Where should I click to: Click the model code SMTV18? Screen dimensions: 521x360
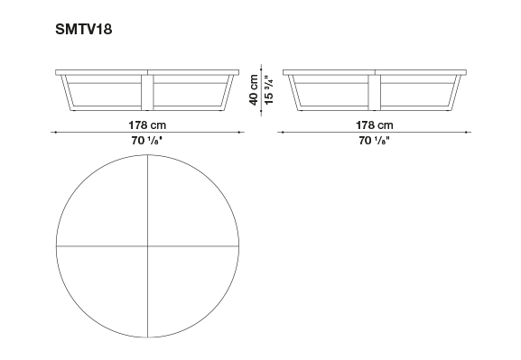pos(83,29)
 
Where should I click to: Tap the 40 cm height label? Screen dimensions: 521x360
pos(254,89)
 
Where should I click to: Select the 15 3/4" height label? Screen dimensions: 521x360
pos(268,89)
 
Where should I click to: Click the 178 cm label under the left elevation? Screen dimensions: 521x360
pos(147,125)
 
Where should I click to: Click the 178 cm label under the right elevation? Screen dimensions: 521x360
pos(375,125)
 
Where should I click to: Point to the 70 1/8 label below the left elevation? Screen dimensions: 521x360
pos(146,141)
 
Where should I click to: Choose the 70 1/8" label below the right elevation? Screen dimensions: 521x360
pos(374,141)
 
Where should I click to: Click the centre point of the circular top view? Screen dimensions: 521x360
pos(147,246)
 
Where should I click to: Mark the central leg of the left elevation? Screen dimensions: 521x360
pos(147,92)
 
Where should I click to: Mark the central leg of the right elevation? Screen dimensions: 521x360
pos(375,92)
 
